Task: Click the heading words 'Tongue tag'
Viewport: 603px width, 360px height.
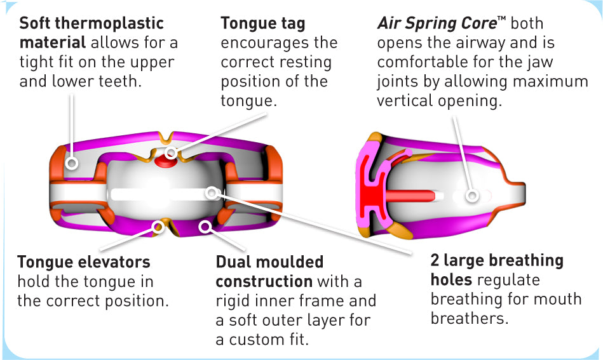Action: tap(263, 24)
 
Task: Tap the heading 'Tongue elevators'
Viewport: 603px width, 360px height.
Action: tap(84, 262)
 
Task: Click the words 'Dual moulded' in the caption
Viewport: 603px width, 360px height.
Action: tap(269, 262)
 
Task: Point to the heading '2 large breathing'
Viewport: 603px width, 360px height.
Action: tap(497, 261)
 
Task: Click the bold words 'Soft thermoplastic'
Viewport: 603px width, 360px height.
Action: tap(91, 24)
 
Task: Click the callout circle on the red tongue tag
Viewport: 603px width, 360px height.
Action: tap(171, 154)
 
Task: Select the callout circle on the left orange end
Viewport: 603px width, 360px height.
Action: tap(72, 163)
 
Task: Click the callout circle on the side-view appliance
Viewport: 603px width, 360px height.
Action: tap(471, 196)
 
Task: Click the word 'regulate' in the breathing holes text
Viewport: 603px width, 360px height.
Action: tap(508, 280)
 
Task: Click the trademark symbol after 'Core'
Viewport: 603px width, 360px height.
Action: tap(501, 20)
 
